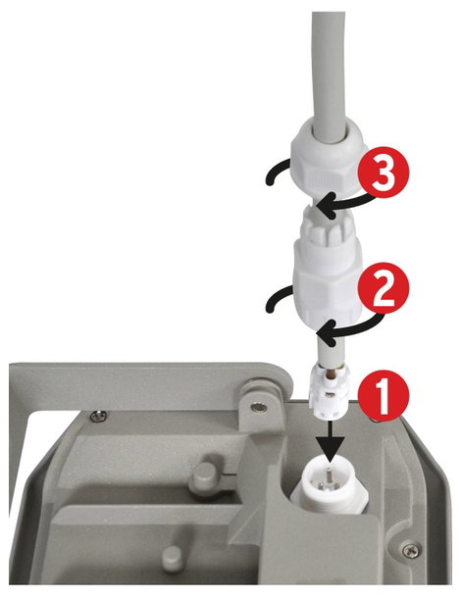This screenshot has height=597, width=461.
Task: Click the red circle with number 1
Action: [x=383, y=395]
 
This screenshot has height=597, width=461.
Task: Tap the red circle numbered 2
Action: [x=384, y=288]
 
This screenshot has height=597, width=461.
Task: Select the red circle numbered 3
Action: [x=384, y=173]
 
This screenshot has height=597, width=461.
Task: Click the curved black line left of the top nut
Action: [x=278, y=171]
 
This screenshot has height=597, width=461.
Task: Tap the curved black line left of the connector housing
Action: [x=278, y=298]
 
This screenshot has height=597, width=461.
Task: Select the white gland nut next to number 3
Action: [x=329, y=165]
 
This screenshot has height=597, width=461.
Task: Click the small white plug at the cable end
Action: [x=329, y=392]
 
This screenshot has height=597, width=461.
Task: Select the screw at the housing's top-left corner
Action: [x=98, y=416]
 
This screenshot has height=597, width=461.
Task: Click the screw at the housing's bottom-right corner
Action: [x=410, y=550]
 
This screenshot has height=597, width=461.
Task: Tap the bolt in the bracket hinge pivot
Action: [x=259, y=408]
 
